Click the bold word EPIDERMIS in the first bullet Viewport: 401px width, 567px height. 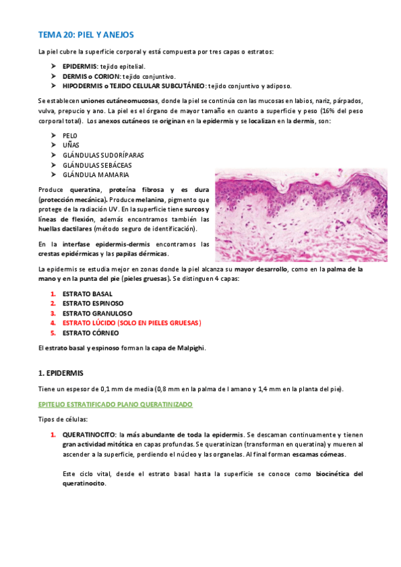[80, 67]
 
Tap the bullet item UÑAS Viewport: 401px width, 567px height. [70, 145]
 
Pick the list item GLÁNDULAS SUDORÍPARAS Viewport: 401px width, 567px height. [102, 155]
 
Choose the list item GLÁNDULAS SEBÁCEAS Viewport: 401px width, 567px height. [96, 165]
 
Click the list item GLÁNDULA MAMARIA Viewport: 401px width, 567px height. [95, 175]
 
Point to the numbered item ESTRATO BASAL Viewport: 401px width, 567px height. [87, 294]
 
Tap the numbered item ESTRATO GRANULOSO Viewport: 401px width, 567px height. [97, 313]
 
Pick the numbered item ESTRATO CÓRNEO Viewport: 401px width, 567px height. [90, 332]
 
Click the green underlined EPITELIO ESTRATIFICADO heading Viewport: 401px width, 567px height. [115, 405]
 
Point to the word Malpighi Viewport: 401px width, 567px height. [189, 348]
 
